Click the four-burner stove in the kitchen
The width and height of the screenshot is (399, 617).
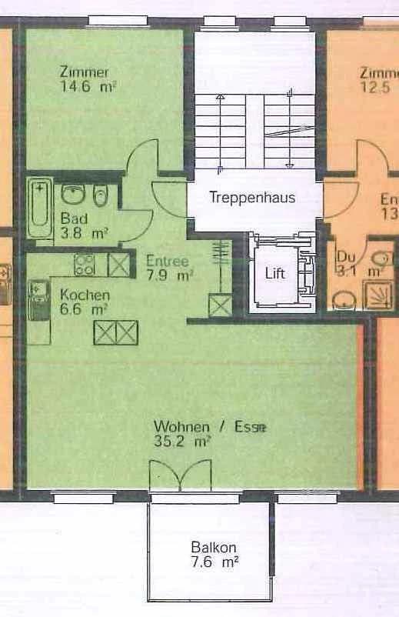85,265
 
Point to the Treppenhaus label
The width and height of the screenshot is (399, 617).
252,198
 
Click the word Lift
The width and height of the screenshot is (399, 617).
275,273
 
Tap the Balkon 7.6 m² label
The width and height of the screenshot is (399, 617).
214,555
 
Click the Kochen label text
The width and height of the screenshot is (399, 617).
85,295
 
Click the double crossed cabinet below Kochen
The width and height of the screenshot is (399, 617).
116,332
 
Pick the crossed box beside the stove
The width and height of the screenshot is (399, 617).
118,265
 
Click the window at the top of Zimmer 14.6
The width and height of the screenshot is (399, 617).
109,20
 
